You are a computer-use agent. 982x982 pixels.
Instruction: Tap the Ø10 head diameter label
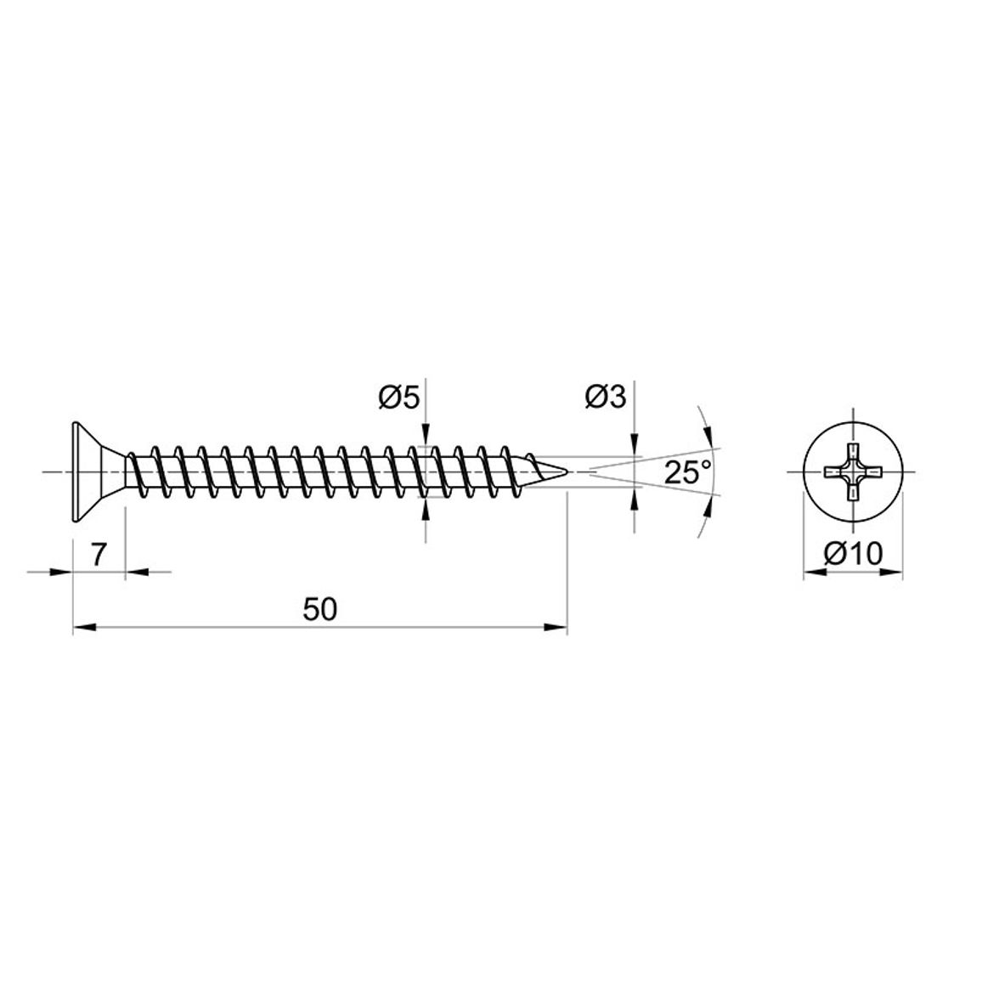pyautogui.click(x=852, y=554)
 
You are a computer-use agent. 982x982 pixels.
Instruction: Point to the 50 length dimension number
pyautogui.click(x=320, y=609)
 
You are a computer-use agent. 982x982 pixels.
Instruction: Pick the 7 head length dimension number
pyautogui.click(x=98, y=554)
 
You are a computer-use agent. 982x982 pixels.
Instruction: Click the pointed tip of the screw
pyautogui.click(x=567, y=471)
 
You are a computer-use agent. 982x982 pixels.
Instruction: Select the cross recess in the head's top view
pyautogui.click(x=853, y=471)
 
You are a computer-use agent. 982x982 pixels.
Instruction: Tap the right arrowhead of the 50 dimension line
pyautogui.click(x=556, y=626)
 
